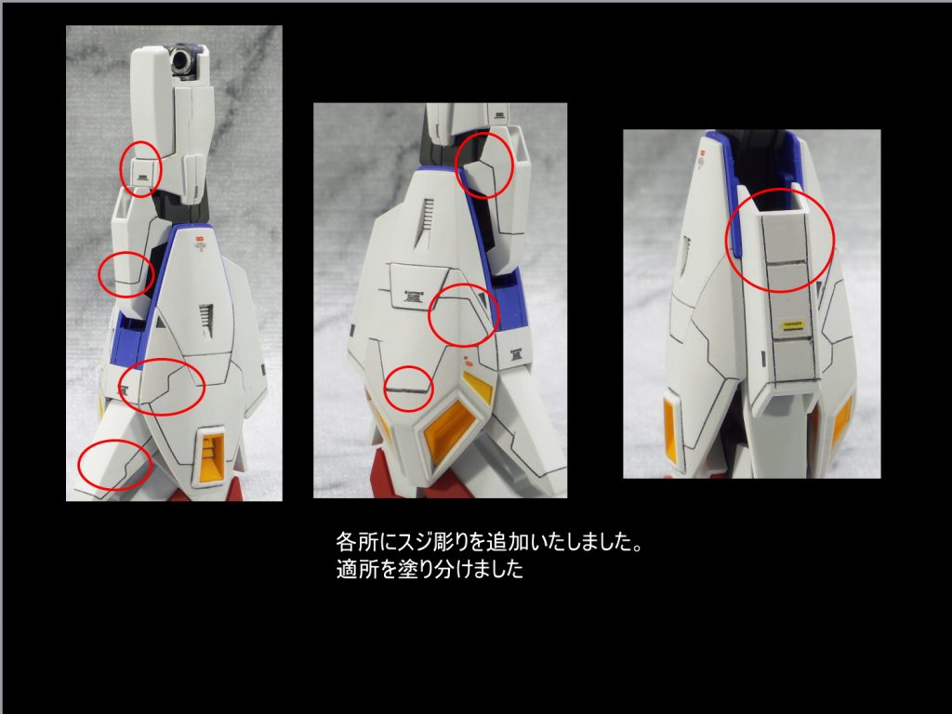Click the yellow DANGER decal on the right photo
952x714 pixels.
[790, 324]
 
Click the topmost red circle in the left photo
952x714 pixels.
[141, 168]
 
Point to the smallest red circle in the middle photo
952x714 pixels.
[408, 383]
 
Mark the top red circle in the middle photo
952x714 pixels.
[484, 164]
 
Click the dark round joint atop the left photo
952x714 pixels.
[182, 63]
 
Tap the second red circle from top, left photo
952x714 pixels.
[126, 273]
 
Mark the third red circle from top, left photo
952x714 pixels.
[162, 386]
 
